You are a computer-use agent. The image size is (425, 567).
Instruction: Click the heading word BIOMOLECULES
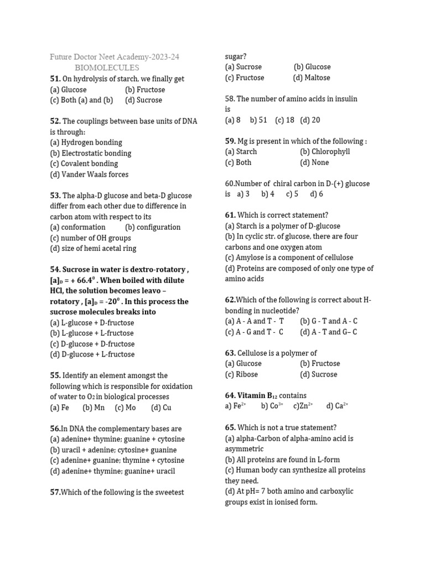(x=107, y=68)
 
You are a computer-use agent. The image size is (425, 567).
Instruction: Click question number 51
(x=55, y=79)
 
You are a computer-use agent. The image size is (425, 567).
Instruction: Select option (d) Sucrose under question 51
(x=143, y=100)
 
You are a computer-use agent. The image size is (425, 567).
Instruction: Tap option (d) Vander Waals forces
(x=89, y=174)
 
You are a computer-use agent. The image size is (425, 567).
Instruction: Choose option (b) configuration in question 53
(x=153, y=227)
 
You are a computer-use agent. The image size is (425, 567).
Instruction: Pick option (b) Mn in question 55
(x=94, y=408)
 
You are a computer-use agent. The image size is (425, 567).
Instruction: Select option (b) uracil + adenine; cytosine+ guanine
(x=113, y=450)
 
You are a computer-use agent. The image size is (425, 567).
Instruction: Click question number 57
(x=55, y=492)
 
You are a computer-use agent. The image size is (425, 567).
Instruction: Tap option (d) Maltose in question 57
(x=312, y=78)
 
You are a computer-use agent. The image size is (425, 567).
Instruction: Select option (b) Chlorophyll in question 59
(x=325, y=151)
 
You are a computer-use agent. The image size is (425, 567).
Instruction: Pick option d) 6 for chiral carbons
(x=317, y=194)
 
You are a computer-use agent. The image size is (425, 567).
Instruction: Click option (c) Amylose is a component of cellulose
(x=289, y=257)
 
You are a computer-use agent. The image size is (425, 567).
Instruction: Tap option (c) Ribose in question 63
(x=241, y=374)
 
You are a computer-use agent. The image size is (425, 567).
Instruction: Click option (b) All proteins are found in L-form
(x=282, y=459)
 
